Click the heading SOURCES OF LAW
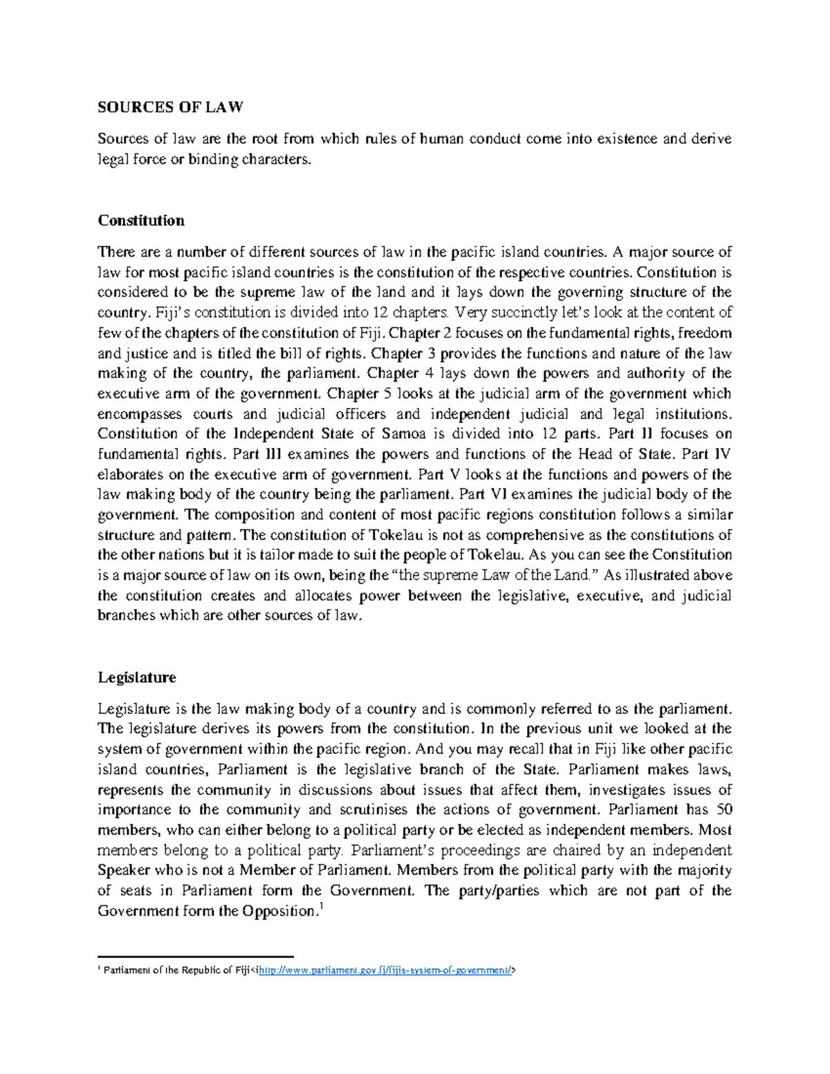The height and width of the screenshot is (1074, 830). click(170, 107)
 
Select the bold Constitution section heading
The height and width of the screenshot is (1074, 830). click(141, 221)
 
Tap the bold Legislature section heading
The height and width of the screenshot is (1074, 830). click(137, 677)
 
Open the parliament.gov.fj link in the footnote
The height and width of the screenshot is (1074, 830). click(385, 970)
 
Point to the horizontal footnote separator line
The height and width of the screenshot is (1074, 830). click(196, 956)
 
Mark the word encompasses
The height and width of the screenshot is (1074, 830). click(140, 414)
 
